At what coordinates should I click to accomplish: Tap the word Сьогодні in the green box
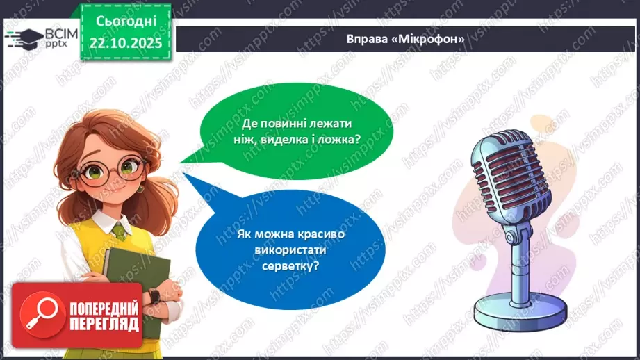point(124,22)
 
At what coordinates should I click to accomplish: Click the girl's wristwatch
point(154,296)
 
